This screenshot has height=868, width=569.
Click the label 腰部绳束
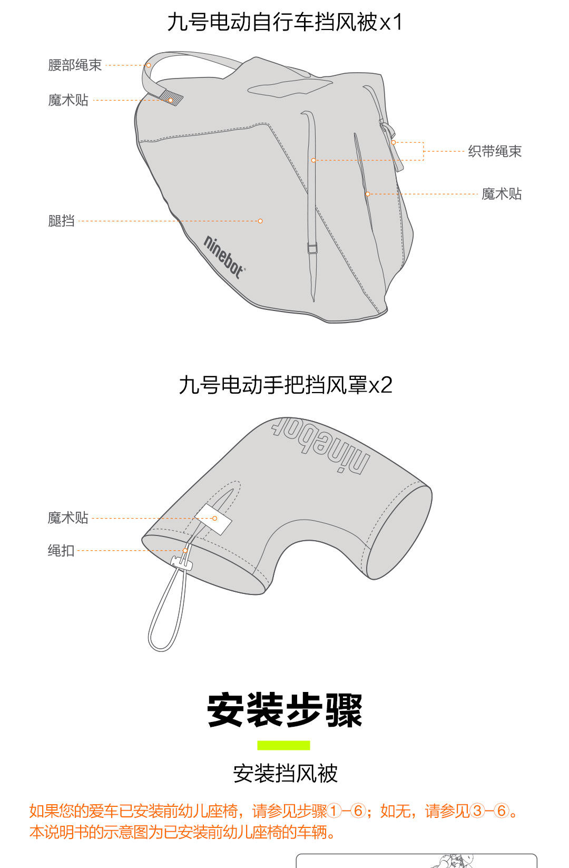click(x=75, y=65)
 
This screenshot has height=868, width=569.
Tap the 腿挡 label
click(x=61, y=221)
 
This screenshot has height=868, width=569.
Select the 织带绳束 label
click(x=495, y=151)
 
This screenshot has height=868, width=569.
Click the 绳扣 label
click(x=61, y=551)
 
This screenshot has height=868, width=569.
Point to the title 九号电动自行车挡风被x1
click(x=284, y=22)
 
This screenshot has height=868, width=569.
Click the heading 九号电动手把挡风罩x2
click(x=285, y=385)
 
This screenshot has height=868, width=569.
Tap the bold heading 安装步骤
click(x=284, y=710)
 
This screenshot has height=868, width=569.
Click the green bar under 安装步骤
click(x=283, y=745)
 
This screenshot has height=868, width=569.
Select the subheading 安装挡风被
click(x=285, y=774)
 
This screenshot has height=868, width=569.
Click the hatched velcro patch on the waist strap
click(x=171, y=97)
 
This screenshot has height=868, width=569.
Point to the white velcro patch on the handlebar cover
click(x=214, y=519)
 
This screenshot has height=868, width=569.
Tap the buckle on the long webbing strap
click(x=312, y=248)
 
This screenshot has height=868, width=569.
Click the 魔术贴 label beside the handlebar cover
click(x=68, y=518)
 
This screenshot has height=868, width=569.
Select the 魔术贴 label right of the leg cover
click(x=502, y=194)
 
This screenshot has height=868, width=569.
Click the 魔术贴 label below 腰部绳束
click(x=68, y=100)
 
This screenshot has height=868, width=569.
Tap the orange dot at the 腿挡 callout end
click(x=260, y=221)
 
